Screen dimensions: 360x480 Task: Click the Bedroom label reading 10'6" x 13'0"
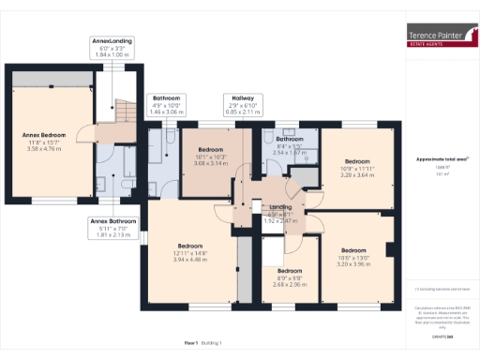tap(353, 257)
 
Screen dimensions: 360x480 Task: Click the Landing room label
tap(280, 212)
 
